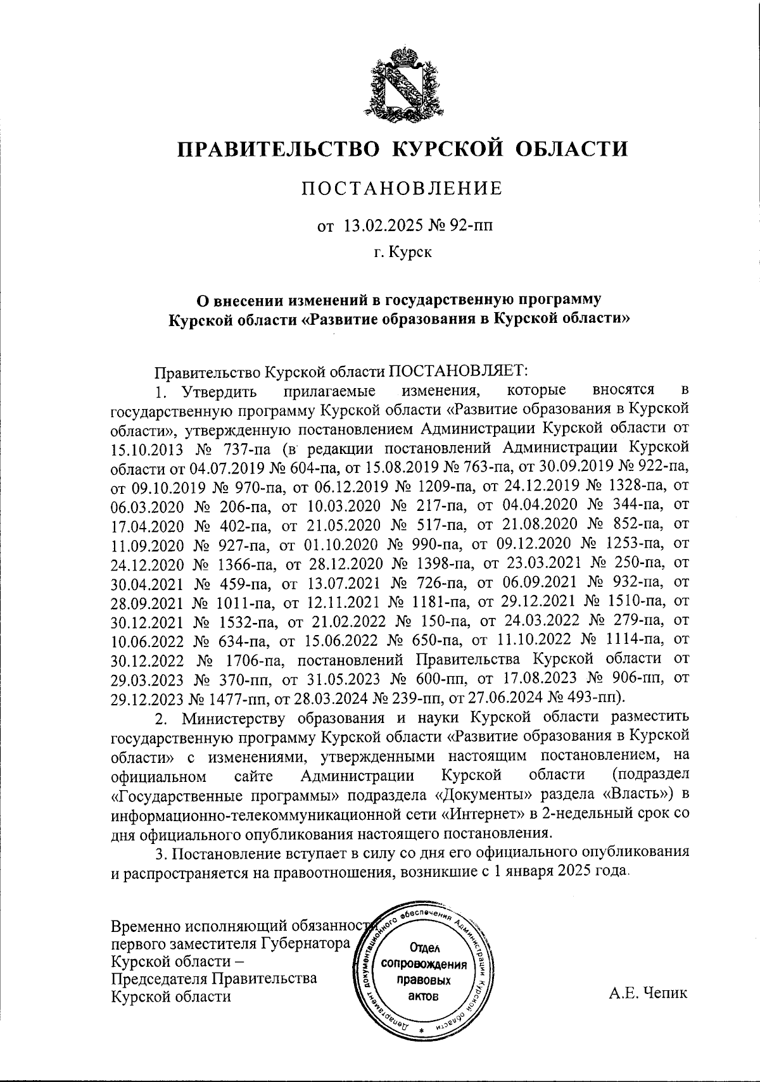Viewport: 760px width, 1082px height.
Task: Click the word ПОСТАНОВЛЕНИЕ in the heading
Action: pos(402,189)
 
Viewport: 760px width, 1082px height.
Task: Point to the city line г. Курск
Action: pos(402,253)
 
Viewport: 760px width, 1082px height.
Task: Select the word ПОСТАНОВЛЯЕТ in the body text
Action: pos(462,369)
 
